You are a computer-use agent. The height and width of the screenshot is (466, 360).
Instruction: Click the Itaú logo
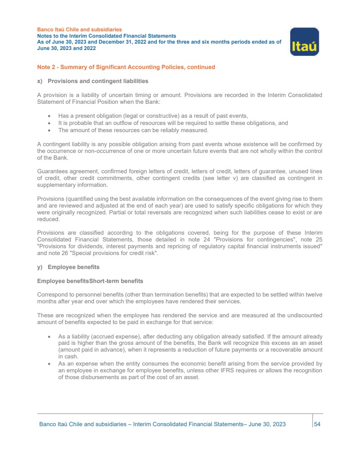304,42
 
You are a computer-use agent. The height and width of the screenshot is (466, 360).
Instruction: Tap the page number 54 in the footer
317,424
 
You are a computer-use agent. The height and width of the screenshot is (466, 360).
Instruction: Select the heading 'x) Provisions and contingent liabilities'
92,81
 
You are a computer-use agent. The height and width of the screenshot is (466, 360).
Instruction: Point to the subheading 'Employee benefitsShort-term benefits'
90,281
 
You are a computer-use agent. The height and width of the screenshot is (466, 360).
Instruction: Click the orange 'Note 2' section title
126,67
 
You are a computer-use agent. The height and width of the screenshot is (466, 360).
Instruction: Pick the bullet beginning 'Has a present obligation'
153,116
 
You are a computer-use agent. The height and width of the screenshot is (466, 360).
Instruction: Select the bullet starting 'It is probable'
173,123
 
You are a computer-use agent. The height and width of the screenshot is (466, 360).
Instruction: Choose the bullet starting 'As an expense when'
190,371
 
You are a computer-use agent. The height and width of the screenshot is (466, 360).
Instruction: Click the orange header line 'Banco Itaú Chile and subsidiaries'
79,30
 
